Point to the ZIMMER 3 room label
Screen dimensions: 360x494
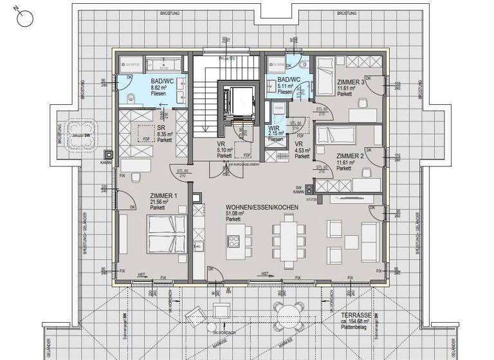click(351, 83)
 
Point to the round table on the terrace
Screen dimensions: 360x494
click(285, 315)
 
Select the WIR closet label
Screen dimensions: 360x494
click(273, 129)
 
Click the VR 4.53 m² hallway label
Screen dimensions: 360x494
click(299, 144)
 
